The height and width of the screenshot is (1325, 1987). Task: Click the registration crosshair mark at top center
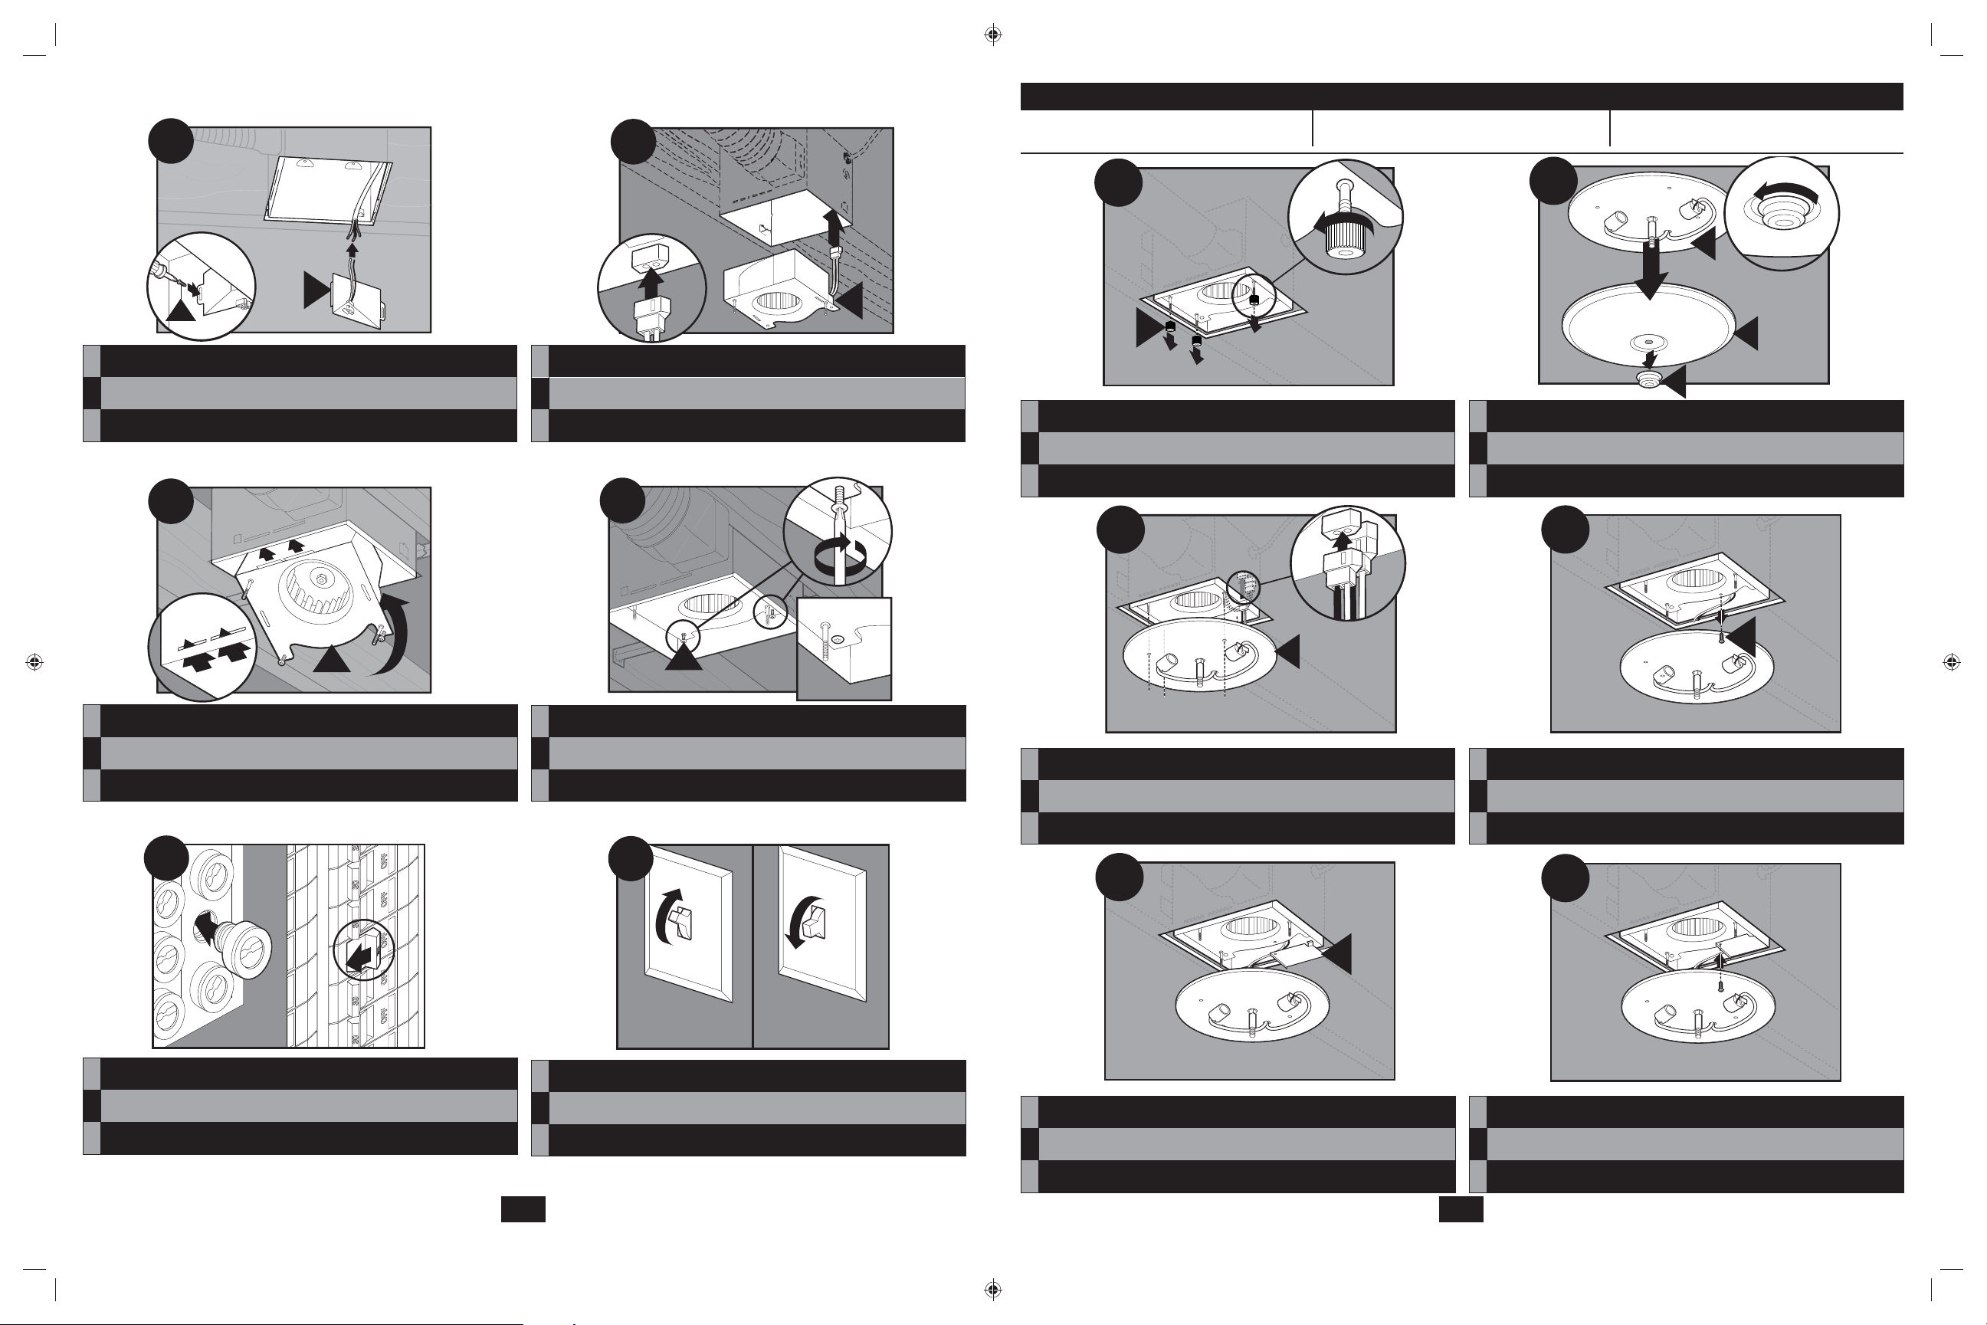tap(993, 34)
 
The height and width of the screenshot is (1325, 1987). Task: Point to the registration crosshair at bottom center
tap(993, 1290)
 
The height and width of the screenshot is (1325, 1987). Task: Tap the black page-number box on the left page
tap(523, 1209)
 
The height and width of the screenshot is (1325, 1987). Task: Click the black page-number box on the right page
tap(1461, 1209)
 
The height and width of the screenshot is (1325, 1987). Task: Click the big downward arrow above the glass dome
tap(1649, 271)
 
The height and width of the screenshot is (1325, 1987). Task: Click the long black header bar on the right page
tap(1461, 97)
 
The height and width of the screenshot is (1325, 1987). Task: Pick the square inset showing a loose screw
tap(843, 648)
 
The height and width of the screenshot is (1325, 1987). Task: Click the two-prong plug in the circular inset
tap(651, 314)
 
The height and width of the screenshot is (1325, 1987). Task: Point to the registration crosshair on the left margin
tap(34, 661)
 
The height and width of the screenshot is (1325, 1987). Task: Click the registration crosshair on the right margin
tap(1952, 661)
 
